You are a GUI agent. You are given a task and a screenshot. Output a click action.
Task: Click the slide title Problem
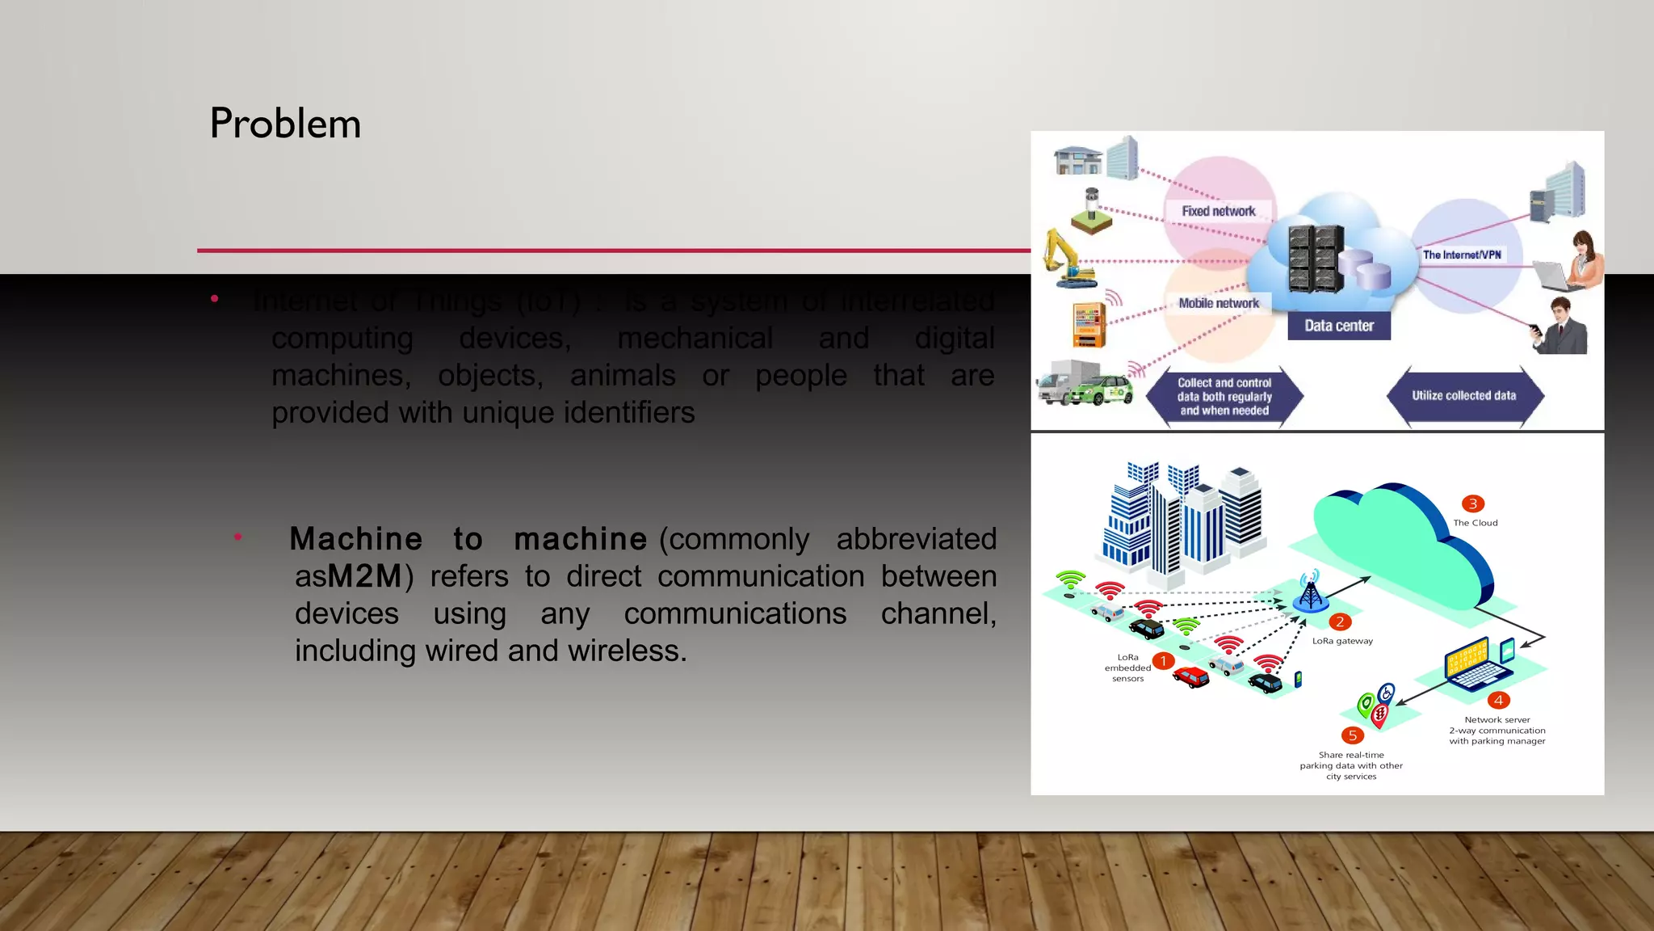285,124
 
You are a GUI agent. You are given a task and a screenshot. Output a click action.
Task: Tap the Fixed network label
1218,211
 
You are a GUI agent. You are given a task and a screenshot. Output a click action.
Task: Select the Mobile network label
1218,303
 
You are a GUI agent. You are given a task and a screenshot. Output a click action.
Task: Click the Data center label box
1338,326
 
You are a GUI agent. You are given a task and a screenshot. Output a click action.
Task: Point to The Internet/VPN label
1462,255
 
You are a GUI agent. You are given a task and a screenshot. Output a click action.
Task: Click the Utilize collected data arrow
1464,396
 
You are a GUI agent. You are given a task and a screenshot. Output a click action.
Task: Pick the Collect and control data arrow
1224,397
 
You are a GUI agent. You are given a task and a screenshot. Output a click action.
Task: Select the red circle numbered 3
1473,503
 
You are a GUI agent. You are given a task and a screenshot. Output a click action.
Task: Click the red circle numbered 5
1352,735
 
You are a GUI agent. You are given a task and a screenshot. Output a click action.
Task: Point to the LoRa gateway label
1342,641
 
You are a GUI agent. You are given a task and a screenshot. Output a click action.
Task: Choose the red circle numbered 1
1163,661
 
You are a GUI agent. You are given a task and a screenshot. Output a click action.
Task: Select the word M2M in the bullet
365,576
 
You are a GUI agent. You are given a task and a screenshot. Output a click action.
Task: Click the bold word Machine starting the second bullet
355,539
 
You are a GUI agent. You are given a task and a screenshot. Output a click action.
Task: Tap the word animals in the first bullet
623,376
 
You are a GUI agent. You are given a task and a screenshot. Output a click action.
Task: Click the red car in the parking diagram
1190,676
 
